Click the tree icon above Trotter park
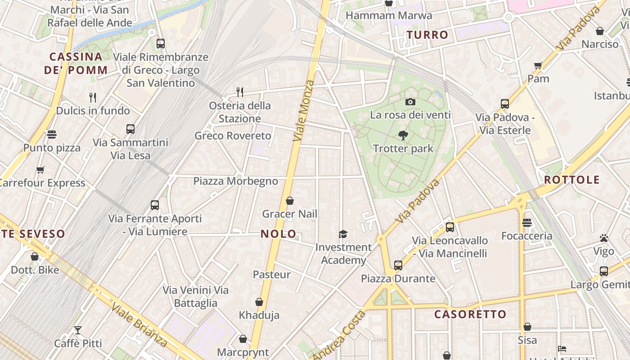tap(403, 135)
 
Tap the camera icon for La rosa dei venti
tap(410, 102)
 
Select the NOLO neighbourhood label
tap(279, 234)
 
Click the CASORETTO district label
tap(470, 314)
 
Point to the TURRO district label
tap(427, 35)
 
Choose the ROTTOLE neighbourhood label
tap(572, 180)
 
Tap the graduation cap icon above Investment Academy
tap(343, 234)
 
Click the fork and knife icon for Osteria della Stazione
tap(240, 92)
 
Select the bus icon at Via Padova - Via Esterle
tap(505, 104)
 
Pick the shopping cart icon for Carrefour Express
tap(40, 170)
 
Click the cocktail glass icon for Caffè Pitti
tap(78, 330)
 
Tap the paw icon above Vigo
tap(604, 238)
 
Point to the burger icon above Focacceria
tap(527, 223)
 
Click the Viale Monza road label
tap(304, 111)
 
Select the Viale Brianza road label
tap(139, 325)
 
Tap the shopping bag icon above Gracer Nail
tap(290, 201)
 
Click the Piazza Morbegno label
tap(236, 181)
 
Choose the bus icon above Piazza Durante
tap(398, 265)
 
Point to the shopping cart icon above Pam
tap(538, 66)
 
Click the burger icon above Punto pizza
tap(52, 135)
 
